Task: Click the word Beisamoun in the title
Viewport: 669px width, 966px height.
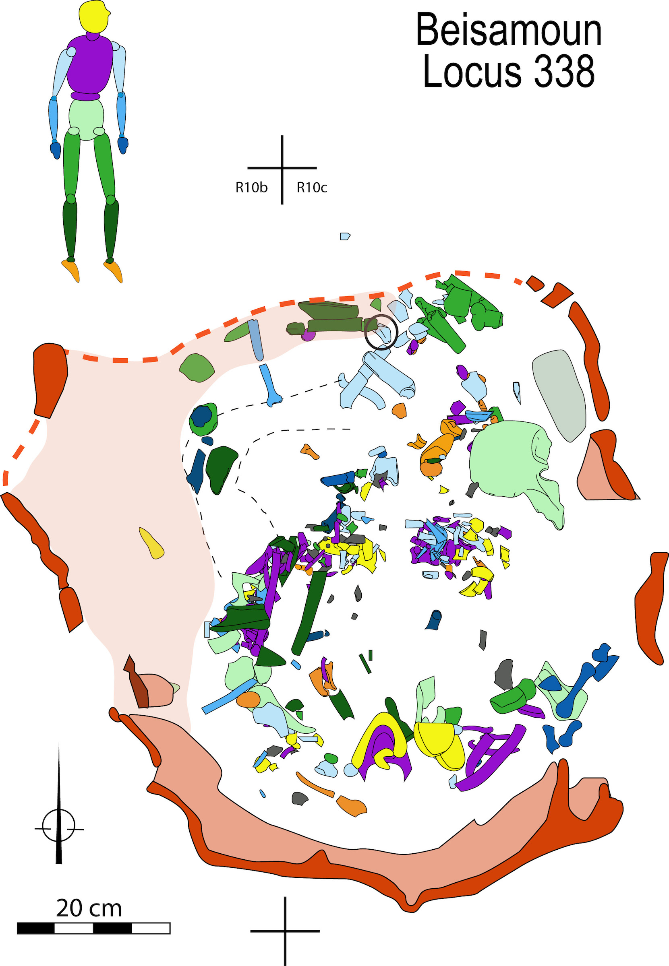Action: pos(508,30)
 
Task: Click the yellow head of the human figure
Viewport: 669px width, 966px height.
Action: pos(94,17)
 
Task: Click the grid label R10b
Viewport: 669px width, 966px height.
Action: pos(251,188)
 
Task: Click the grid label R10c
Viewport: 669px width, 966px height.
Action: pos(311,188)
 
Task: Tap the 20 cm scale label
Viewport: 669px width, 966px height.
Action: pos(89,908)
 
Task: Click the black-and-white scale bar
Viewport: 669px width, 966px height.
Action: pos(93,928)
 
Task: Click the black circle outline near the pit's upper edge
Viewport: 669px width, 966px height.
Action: pos(381,332)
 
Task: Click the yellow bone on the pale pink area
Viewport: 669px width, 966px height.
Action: pos(151,543)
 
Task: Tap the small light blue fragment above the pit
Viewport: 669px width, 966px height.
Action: pos(344,236)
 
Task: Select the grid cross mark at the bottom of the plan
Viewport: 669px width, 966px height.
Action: pos(285,931)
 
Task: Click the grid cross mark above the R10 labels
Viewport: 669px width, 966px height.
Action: pos(282,168)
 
